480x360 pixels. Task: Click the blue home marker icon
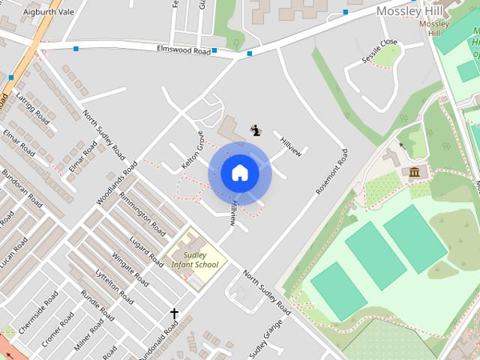point(239,173)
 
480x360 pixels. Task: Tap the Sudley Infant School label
point(194,259)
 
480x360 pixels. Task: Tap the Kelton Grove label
point(193,149)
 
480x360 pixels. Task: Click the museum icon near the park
point(414,173)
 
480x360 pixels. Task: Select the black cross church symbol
point(175,313)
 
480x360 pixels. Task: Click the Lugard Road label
point(145,250)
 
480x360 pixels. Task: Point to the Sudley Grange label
point(265,337)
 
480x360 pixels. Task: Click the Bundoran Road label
point(21,190)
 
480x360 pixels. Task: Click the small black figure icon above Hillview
point(256,130)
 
